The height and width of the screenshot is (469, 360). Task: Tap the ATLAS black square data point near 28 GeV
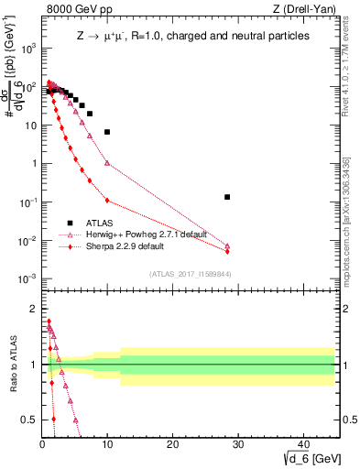tap(227, 197)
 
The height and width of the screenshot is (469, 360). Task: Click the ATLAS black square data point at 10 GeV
tap(107, 132)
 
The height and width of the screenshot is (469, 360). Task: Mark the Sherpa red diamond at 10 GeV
tap(107, 201)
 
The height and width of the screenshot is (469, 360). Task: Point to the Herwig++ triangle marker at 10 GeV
tap(107, 163)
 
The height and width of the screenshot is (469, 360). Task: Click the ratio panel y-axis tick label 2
tap(33, 309)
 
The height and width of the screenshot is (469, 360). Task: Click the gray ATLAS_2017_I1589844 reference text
tap(190, 273)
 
